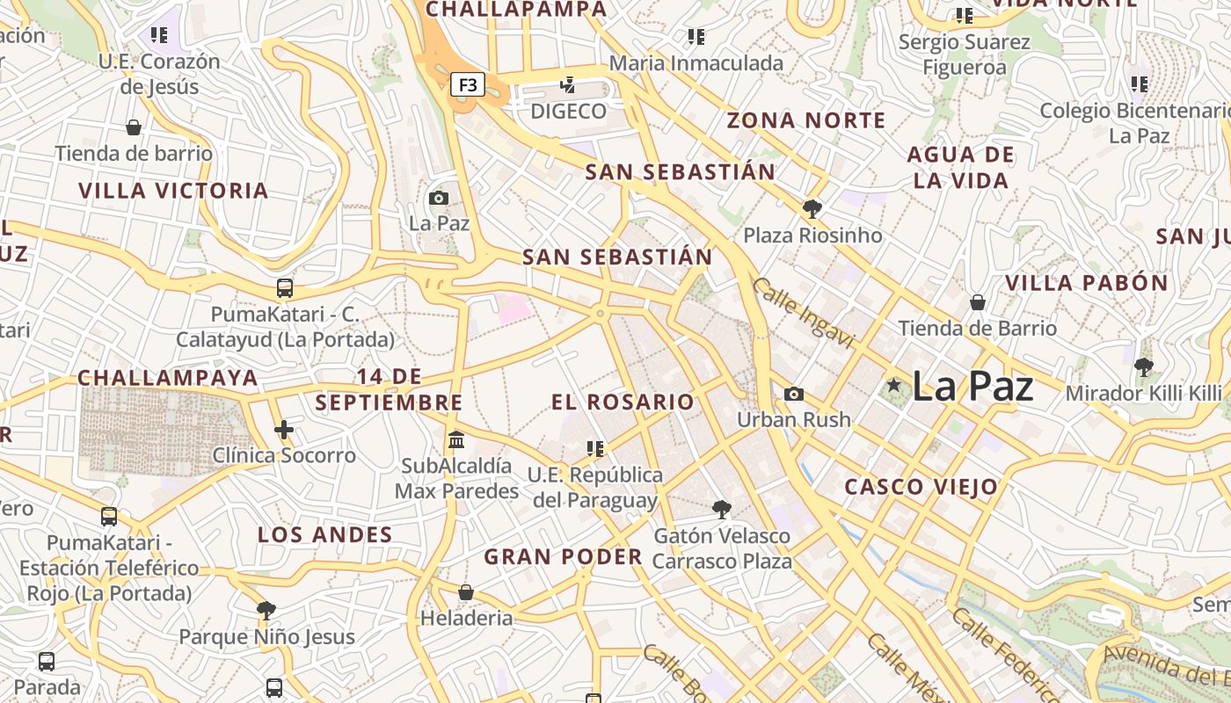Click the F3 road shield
click(x=468, y=84)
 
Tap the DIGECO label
click(x=568, y=112)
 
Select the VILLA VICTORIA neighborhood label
click(x=173, y=191)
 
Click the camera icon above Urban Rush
click(x=793, y=395)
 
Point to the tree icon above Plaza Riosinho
click(x=812, y=209)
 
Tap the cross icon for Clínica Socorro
click(x=283, y=430)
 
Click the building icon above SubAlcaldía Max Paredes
click(x=455, y=439)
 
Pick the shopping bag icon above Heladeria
click(x=466, y=592)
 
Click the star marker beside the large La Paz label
click(x=894, y=385)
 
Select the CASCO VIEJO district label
click(x=921, y=487)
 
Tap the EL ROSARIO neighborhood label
click(x=623, y=402)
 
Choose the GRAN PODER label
click(x=564, y=557)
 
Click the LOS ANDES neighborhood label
click(x=324, y=535)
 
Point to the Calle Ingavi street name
click(x=803, y=313)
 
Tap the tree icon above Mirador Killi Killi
click(x=1143, y=367)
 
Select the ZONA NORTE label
click(x=806, y=121)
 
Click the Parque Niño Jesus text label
click(x=267, y=637)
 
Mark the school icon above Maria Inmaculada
click(x=696, y=37)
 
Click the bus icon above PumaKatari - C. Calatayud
click(x=284, y=288)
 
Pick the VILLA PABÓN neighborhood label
click(x=1087, y=283)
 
